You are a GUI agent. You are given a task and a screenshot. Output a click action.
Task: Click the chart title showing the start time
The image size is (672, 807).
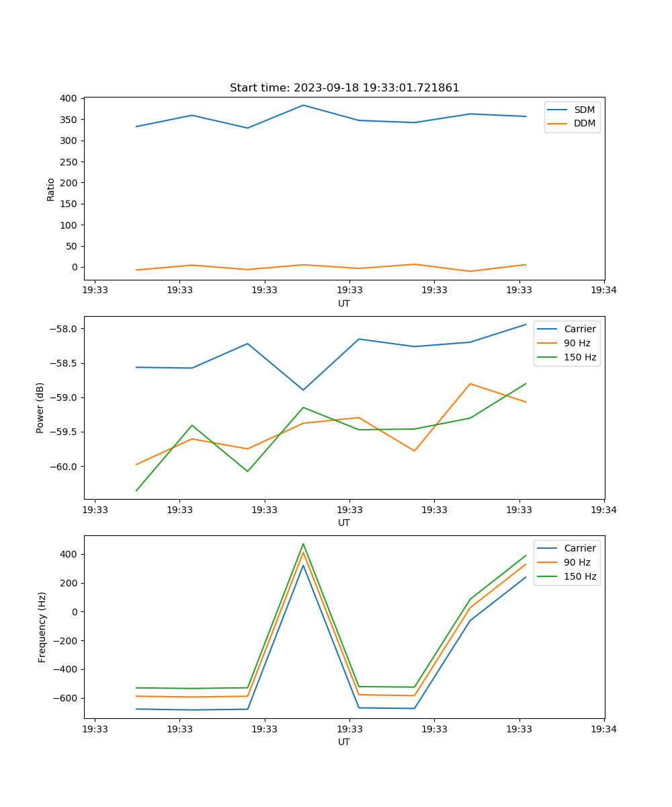pyautogui.click(x=344, y=88)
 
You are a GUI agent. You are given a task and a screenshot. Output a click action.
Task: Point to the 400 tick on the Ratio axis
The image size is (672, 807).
pyautogui.click(x=69, y=98)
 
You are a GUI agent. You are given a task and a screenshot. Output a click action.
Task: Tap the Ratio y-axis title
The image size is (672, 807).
pyautogui.click(x=51, y=189)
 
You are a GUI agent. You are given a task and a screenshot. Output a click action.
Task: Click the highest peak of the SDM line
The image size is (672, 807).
pyautogui.click(x=303, y=105)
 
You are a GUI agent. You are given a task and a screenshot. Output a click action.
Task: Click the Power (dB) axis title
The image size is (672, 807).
pyautogui.click(x=40, y=408)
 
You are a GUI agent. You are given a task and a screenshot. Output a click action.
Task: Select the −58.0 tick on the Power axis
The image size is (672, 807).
pyautogui.click(x=65, y=329)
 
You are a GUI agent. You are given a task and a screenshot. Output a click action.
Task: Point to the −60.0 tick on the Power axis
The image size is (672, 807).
pyautogui.click(x=65, y=467)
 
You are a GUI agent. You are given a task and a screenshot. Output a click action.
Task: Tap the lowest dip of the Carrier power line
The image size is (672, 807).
pyautogui.click(x=303, y=390)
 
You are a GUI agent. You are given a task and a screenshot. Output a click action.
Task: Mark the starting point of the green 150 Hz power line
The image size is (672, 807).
pyautogui.click(x=136, y=490)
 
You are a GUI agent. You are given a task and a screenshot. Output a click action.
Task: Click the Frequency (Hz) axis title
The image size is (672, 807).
pyautogui.click(x=42, y=627)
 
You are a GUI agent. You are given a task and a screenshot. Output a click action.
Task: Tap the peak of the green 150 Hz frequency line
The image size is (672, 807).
pyautogui.click(x=303, y=544)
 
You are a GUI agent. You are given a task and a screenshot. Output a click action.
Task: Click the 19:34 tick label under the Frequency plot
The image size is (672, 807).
pyautogui.click(x=603, y=728)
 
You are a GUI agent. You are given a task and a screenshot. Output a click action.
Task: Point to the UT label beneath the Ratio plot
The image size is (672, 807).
pyautogui.click(x=344, y=303)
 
